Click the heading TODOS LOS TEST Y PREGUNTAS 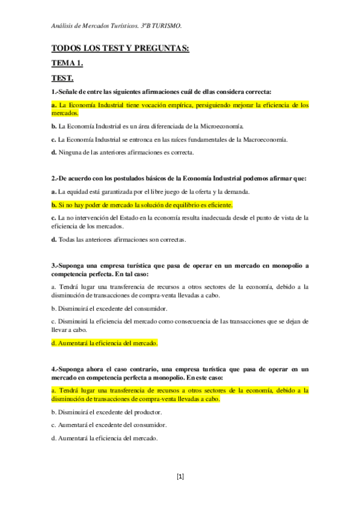pos(120,49)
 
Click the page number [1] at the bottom pos(180,477)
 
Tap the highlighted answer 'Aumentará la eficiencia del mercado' pos(105,343)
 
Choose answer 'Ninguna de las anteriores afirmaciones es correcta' pos(126,153)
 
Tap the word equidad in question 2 pos(79,191)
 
